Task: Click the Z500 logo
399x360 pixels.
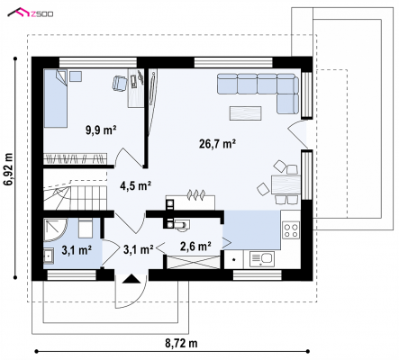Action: point(31,13)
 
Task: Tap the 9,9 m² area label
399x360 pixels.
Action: point(101,130)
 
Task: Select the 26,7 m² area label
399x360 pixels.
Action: point(217,144)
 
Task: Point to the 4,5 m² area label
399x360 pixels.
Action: point(135,186)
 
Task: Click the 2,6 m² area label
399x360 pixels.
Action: point(195,247)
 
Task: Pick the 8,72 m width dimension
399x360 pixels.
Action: point(181,343)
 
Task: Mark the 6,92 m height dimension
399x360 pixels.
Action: point(9,169)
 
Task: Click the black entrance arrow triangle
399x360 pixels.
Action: point(131,279)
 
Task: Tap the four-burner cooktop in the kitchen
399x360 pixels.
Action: point(291,230)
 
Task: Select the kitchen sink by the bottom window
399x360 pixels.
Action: point(261,258)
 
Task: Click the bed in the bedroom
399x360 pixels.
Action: point(56,98)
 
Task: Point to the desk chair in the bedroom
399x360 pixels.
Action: point(120,83)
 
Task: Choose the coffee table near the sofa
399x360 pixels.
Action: point(246,113)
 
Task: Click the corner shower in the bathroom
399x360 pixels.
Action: point(56,229)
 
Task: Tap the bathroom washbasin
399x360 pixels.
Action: point(49,256)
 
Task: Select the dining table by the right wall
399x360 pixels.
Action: point(286,184)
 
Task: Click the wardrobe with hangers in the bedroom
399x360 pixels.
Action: point(75,158)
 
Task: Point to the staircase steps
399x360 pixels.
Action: point(76,197)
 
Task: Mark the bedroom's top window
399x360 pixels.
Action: point(98,62)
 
